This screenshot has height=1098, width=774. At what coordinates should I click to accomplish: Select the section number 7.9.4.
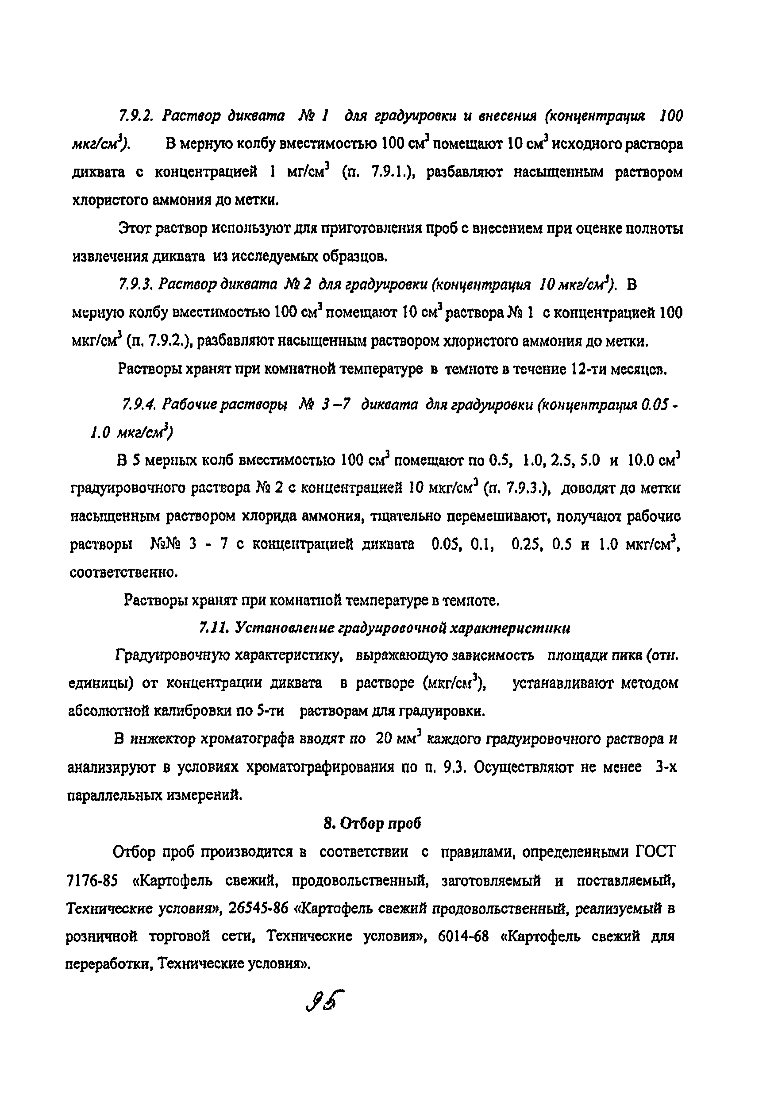pyautogui.click(x=139, y=405)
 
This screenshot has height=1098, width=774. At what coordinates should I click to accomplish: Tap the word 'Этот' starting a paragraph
pyautogui.click(x=135, y=229)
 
